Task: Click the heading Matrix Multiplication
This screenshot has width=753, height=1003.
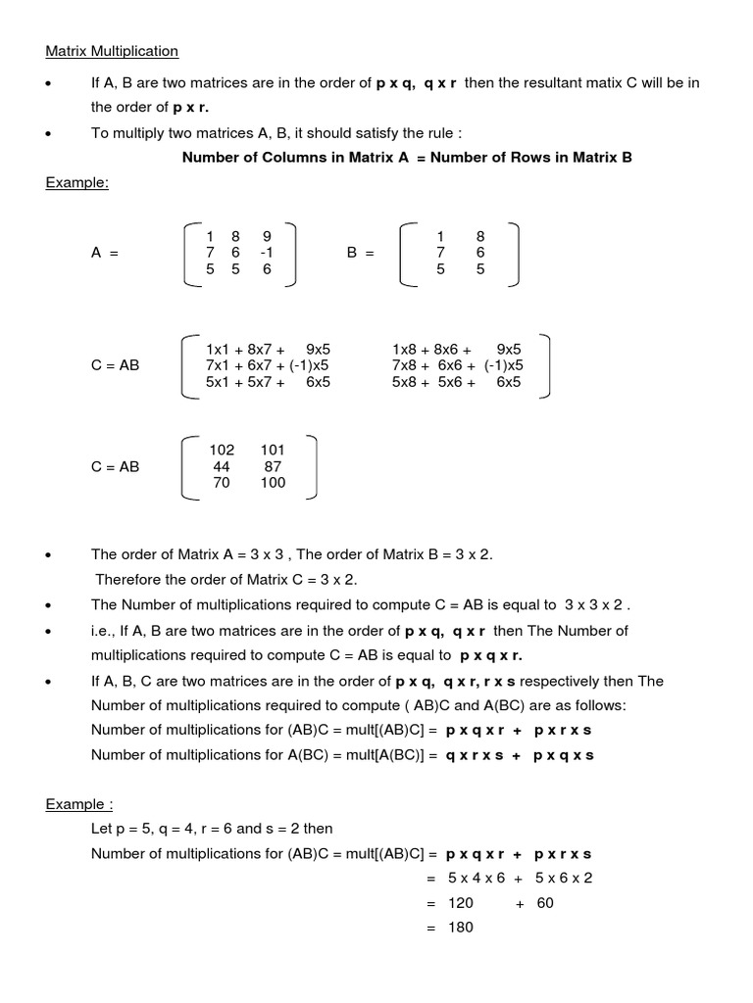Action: (112, 50)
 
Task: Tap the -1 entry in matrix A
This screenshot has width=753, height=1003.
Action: (266, 253)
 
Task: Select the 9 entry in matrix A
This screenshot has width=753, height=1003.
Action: (266, 236)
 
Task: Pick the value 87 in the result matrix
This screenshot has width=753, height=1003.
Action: (273, 467)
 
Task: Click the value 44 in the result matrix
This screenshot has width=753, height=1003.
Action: (222, 467)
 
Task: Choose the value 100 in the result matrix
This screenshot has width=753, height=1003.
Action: (273, 483)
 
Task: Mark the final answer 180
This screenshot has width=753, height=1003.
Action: (460, 927)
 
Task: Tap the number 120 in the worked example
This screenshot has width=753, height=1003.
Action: (460, 903)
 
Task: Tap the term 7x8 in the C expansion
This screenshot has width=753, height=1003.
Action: (404, 365)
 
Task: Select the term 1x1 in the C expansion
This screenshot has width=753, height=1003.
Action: (218, 349)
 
